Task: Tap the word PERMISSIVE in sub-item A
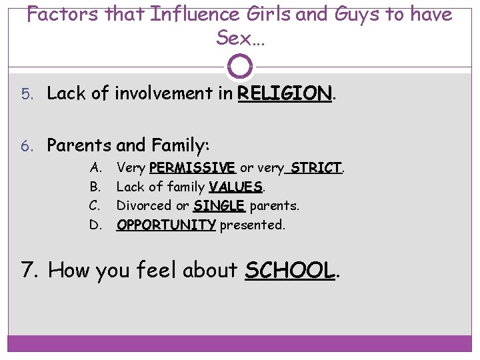click(192, 167)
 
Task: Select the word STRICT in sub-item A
click(316, 167)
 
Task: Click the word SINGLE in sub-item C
click(219, 205)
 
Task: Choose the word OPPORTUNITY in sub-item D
click(166, 225)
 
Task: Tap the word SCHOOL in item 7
click(289, 270)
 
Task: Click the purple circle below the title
click(240, 66)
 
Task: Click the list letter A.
click(95, 167)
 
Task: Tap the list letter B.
click(95, 186)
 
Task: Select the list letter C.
click(95, 205)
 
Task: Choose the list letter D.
click(95, 225)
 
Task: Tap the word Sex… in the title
click(240, 38)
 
